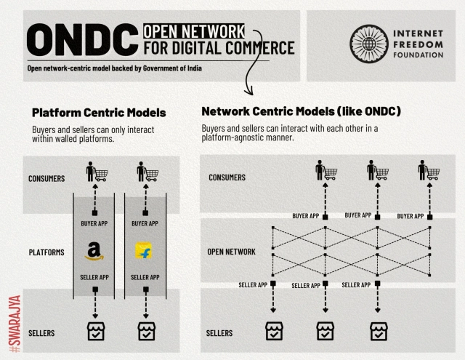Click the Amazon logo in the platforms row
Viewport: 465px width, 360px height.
coord(92,252)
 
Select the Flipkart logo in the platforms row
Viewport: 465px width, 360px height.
coord(142,252)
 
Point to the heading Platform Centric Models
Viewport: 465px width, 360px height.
coord(99,113)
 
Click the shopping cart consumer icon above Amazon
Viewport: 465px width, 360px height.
coord(96,173)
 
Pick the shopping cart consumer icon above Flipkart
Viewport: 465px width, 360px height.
coord(147,173)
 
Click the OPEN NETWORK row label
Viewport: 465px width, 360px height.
coord(232,252)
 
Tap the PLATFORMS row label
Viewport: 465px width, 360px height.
coord(46,253)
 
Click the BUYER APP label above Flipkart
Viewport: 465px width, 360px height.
coord(142,223)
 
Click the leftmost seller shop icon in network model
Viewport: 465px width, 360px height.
coord(273,331)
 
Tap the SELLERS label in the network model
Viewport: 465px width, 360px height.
coord(220,332)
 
